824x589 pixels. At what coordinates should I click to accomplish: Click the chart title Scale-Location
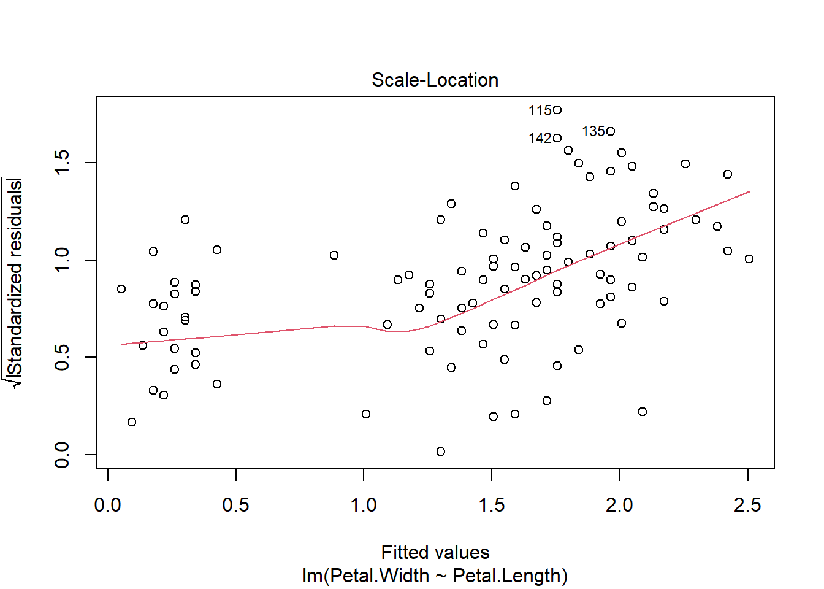click(435, 80)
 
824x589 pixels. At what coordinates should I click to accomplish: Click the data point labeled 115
click(557, 110)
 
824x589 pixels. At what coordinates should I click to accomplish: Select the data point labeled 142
click(557, 138)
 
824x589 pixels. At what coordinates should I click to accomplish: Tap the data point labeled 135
click(611, 131)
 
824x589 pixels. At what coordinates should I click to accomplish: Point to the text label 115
click(540, 110)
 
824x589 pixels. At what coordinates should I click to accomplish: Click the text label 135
click(593, 132)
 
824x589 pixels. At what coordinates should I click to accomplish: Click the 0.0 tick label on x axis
click(108, 505)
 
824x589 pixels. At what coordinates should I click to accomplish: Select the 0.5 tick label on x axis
click(236, 505)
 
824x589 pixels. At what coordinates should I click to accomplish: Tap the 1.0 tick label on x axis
click(364, 505)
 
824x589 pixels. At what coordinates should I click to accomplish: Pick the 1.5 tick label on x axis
click(492, 505)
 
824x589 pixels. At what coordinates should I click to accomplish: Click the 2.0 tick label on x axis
click(620, 505)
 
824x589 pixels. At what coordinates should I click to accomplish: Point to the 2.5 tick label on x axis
click(747, 505)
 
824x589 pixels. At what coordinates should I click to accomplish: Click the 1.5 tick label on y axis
click(62, 163)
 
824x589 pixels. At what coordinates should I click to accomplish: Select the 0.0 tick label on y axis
click(62, 455)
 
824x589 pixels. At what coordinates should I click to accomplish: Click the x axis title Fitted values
click(435, 552)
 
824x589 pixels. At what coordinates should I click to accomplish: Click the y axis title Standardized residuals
click(15, 277)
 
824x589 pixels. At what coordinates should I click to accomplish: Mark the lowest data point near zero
click(441, 452)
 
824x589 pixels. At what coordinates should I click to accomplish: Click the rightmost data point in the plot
click(749, 259)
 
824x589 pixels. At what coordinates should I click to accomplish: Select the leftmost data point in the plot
click(121, 289)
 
